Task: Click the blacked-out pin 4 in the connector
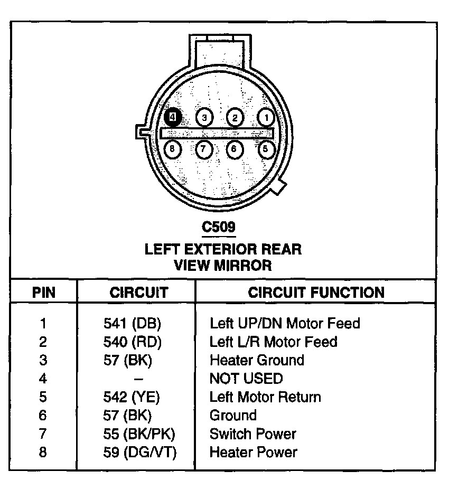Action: [173, 117]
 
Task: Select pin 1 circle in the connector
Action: [266, 117]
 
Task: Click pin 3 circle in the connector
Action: [204, 117]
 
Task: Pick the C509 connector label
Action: [218, 227]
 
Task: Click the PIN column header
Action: [44, 292]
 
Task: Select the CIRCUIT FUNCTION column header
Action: [316, 292]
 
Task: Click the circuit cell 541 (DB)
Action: [132, 323]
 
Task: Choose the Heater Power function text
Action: [254, 452]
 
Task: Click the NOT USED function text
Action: [246, 379]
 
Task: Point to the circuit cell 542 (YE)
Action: [132, 397]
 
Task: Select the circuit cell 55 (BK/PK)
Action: [139, 434]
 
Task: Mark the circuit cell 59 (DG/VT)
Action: [140, 452]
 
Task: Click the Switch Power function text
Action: [252, 434]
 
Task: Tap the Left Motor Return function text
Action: [265, 397]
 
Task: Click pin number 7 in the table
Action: [43, 434]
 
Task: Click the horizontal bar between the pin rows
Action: [217, 134]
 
